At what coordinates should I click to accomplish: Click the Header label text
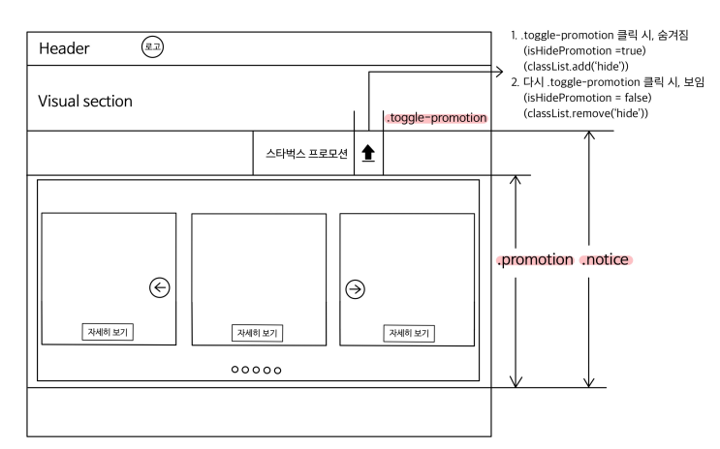pos(64,48)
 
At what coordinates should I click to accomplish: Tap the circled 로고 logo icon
pos(151,46)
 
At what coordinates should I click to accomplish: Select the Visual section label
pos(85,102)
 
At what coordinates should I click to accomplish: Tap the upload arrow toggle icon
pos(368,153)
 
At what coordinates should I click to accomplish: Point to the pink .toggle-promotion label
pos(436,118)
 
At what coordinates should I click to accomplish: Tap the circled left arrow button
pos(160,286)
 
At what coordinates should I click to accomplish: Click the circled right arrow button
pos(356,287)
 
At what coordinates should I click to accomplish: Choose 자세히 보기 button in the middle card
pos(259,333)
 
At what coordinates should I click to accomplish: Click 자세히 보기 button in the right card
pos(410,333)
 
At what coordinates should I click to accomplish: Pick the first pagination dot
pos(235,370)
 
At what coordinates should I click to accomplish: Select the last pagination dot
pos(278,370)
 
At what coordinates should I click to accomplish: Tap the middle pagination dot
pos(257,370)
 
